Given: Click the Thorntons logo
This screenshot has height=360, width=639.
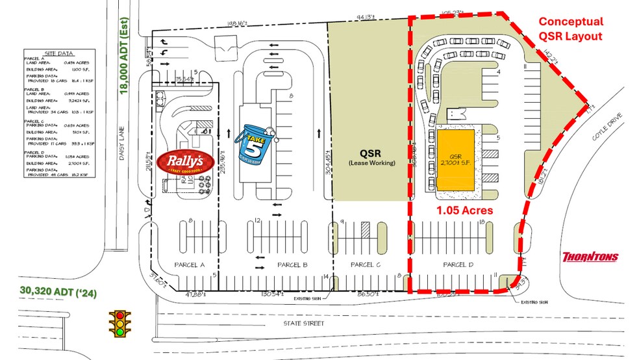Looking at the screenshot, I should [x=590, y=257].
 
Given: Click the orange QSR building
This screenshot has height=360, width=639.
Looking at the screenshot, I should [x=459, y=159].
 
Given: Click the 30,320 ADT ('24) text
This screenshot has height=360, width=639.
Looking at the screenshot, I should [x=59, y=291].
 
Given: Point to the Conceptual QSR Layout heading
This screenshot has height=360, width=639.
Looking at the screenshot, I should [x=571, y=29].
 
